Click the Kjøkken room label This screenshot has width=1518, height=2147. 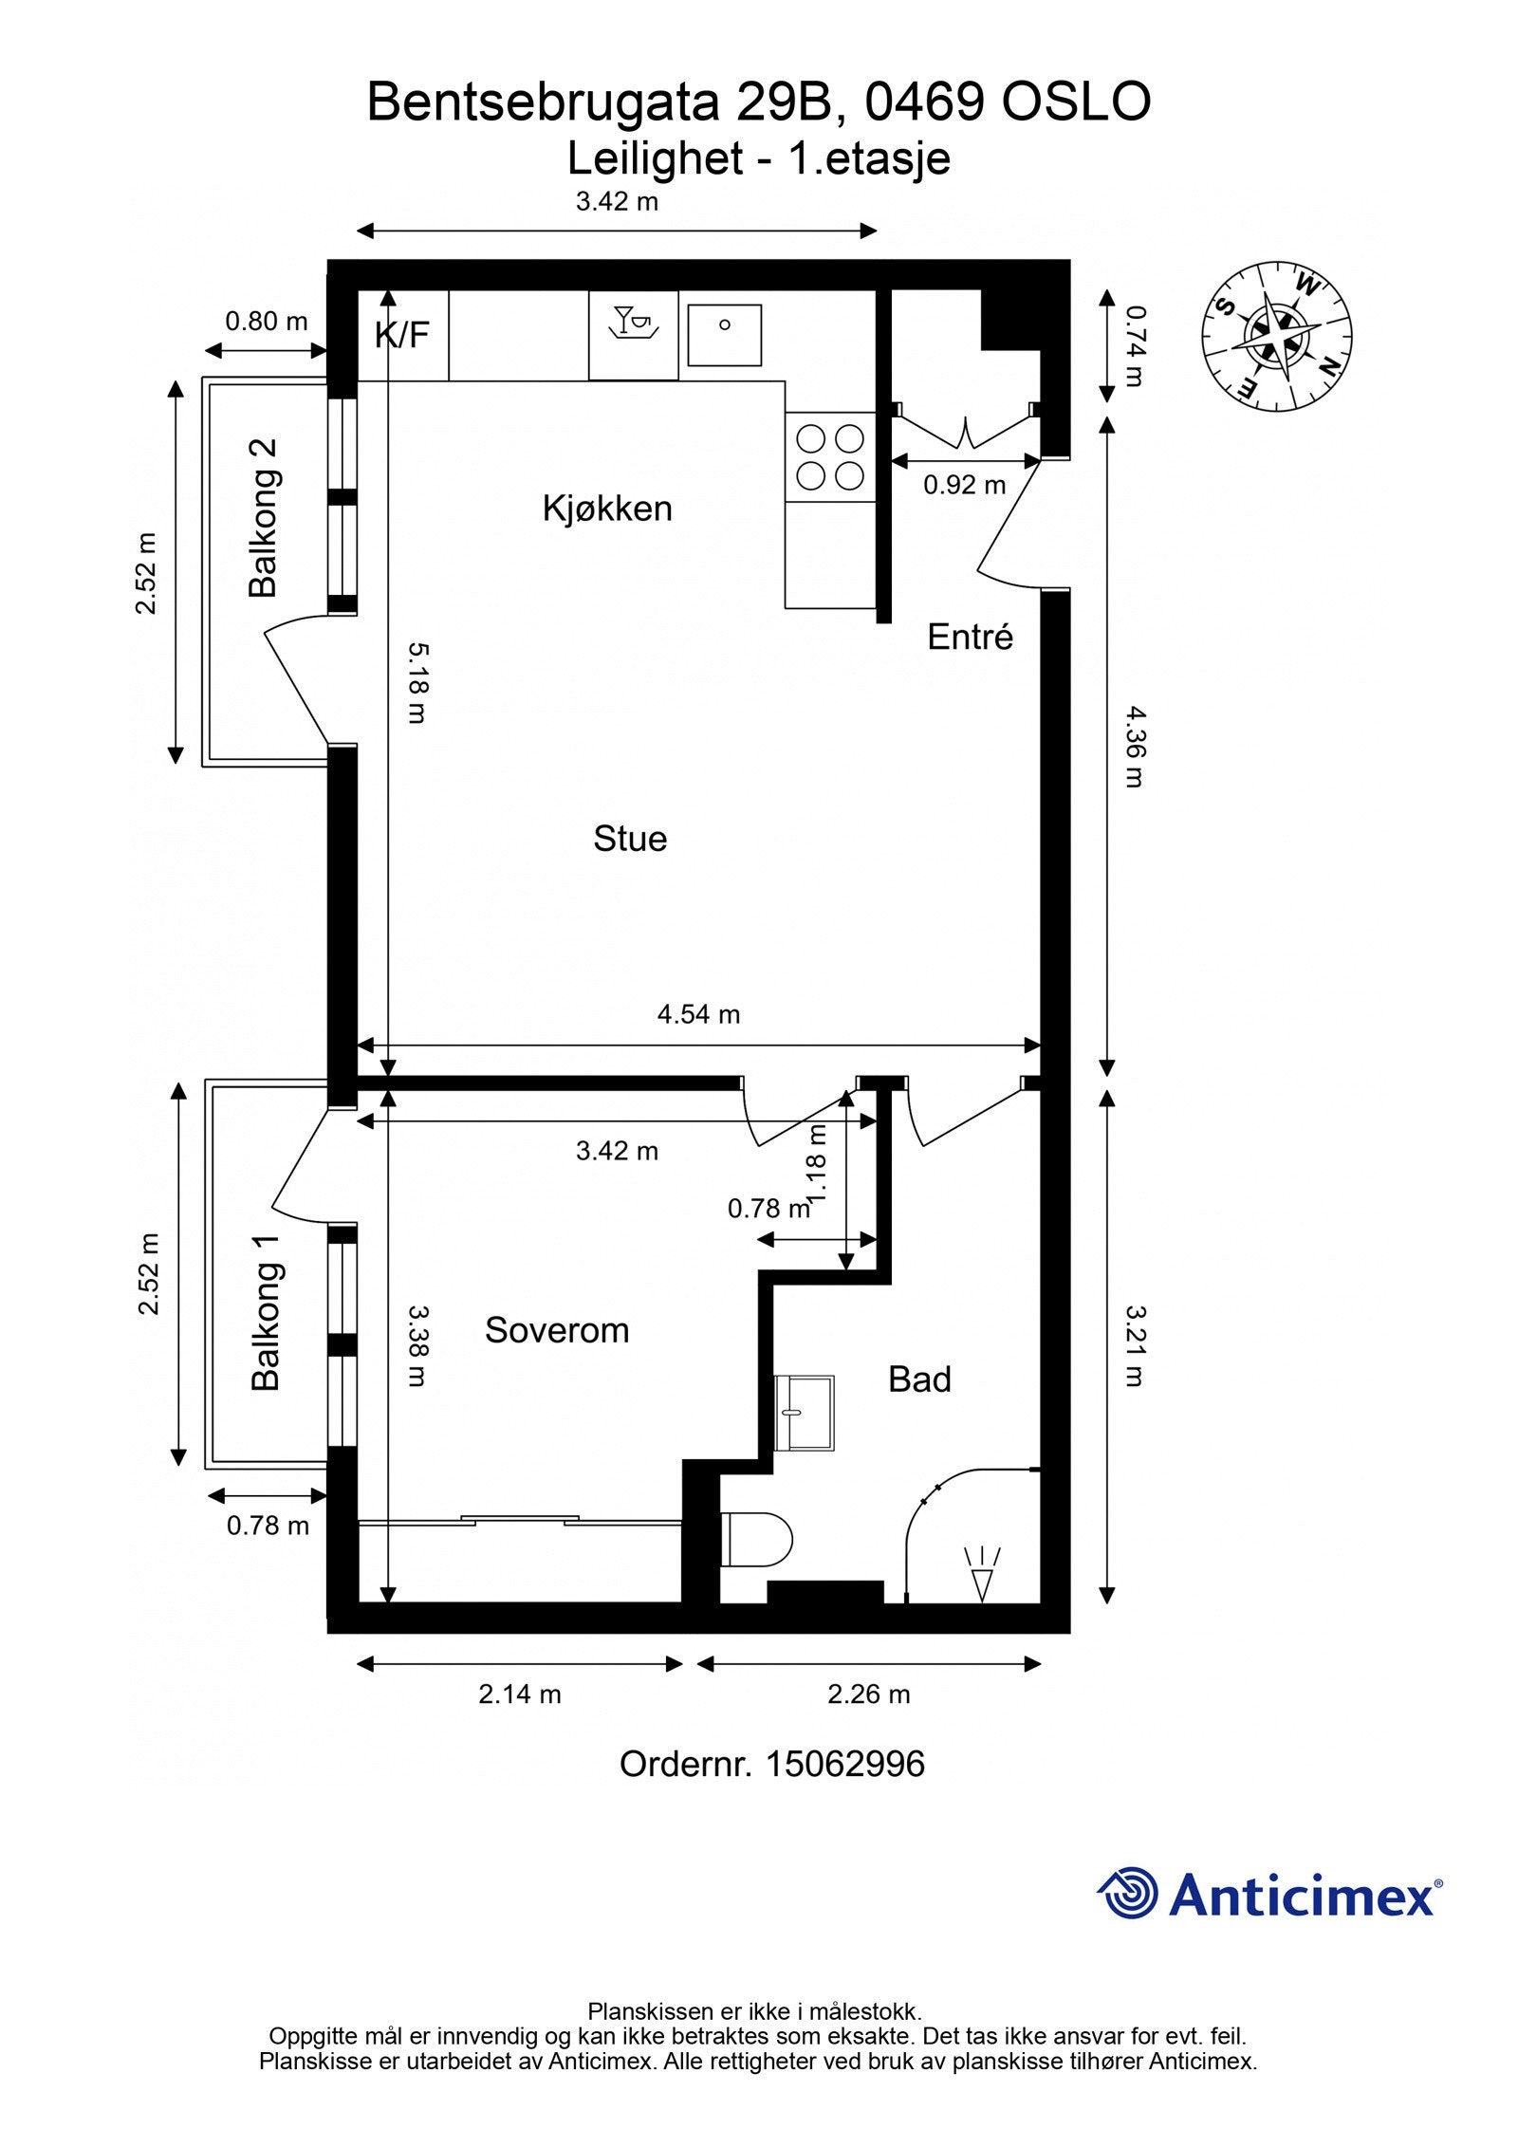[x=607, y=509]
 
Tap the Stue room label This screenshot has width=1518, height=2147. [x=630, y=839]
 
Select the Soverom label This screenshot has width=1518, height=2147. [x=557, y=1330]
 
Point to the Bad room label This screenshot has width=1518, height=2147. [x=919, y=1379]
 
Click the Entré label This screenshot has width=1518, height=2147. [x=970, y=637]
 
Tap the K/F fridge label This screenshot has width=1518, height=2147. [x=402, y=335]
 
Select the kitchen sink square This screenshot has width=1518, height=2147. [x=724, y=335]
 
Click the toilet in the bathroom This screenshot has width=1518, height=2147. [x=756, y=1540]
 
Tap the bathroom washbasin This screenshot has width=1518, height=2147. [x=805, y=1413]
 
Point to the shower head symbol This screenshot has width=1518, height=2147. [x=982, y=1576]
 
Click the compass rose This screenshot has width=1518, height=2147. [x=1276, y=338]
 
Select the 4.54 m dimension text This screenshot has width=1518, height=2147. [x=698, y=1014]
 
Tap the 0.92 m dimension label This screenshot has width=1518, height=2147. [x=964, y=486]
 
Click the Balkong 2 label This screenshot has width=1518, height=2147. [x=263, y=517]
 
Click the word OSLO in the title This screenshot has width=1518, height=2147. [x=1077, y=102]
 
